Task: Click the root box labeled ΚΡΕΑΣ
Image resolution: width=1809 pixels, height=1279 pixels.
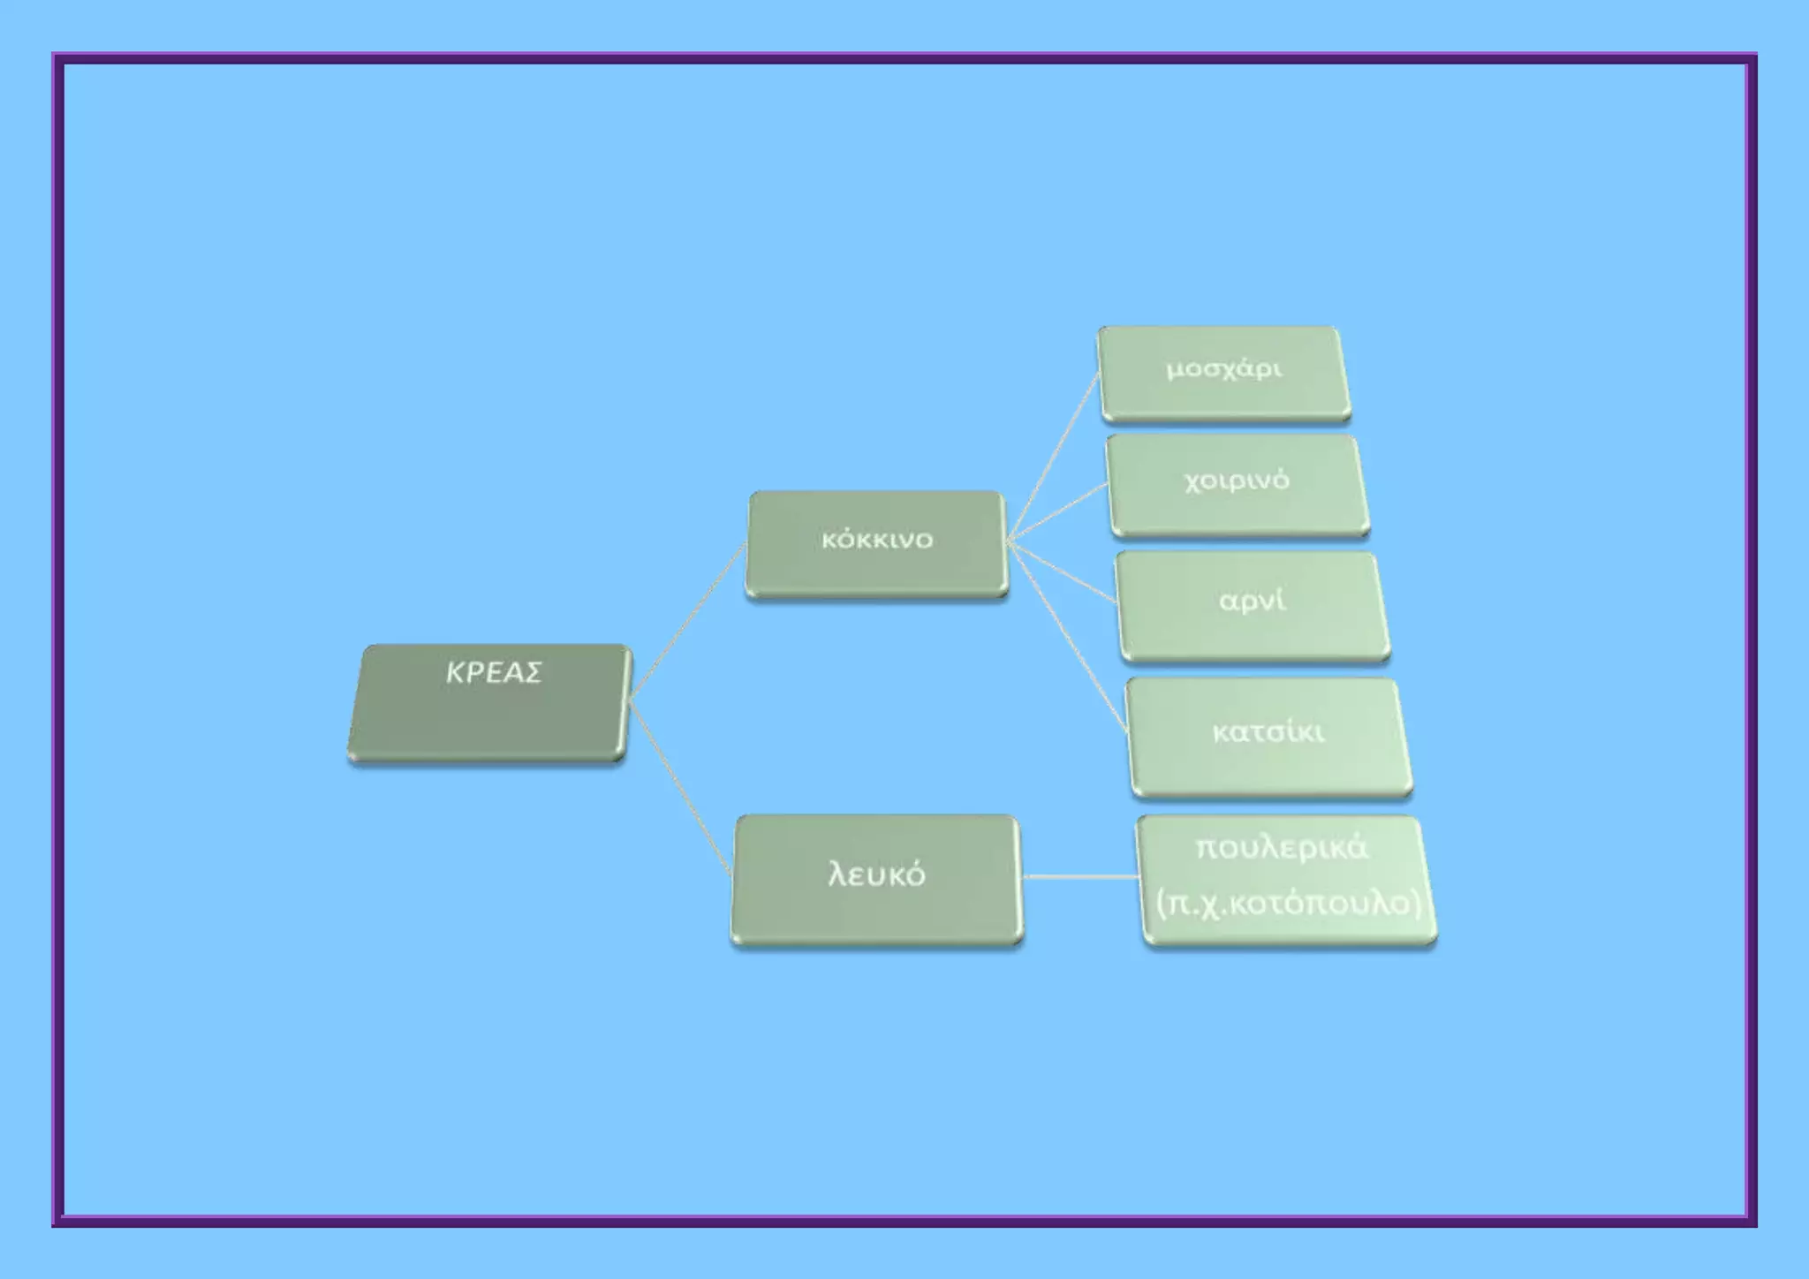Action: tap(490, 703)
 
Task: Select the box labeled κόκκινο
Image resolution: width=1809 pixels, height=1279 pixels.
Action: tap(876, 545)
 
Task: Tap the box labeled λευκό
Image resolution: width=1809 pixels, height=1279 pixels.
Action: tap(876, 880)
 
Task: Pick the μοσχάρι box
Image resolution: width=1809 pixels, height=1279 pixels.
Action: tap(1224, 374)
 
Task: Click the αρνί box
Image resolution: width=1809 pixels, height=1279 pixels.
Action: tap(1253, 606)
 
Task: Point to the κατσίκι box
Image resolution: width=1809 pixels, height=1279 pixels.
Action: tap(1269, 738)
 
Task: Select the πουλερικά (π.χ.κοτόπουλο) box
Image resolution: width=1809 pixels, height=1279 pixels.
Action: tap(1287, 881)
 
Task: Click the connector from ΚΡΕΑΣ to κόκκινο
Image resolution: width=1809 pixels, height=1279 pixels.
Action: tap(687, 621)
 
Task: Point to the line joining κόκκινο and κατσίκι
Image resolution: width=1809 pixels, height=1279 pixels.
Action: tap(1067, 636)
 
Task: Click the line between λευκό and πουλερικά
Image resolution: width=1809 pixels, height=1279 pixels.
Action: tap(1080, 876)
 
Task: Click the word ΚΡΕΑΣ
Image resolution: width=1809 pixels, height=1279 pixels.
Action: tap(493, 673)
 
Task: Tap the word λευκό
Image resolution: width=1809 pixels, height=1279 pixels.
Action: tap(876, 874)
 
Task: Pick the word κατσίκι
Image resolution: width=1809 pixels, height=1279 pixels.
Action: tap(1268, 732)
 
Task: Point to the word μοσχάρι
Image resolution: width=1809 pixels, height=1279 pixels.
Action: tap(1224, 369)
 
